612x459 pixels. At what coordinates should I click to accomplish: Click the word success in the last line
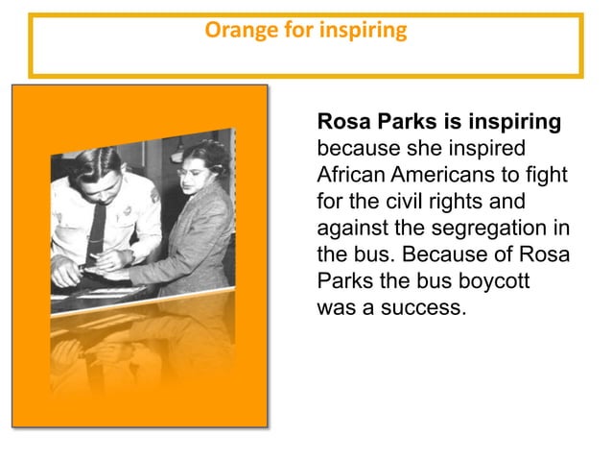(426, 309)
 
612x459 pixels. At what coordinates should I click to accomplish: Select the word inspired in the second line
(493, 150)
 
